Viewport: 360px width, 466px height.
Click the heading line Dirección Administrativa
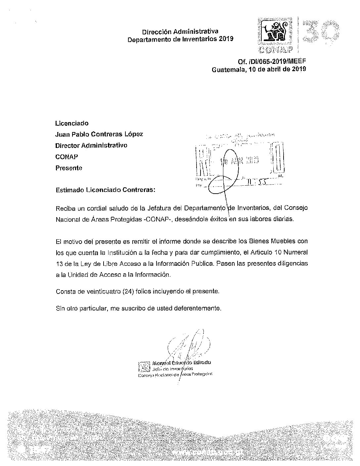180,32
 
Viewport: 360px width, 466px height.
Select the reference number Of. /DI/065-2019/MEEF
272,62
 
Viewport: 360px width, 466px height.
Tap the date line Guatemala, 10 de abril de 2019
259,70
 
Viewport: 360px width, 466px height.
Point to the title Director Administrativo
91,145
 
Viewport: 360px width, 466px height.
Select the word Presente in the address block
69,168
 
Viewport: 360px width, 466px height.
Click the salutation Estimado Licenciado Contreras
105,190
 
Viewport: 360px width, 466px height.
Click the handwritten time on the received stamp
256,183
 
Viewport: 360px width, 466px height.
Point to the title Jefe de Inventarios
172,368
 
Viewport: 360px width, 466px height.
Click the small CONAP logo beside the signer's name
144,366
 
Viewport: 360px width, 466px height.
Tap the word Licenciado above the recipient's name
72,123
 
